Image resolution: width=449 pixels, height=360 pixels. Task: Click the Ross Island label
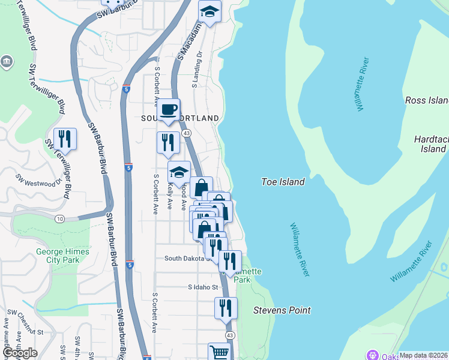click(427, 100)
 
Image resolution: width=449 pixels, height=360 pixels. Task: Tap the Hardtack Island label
click(431, 143)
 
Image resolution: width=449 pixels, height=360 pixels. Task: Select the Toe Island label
click(283, 181)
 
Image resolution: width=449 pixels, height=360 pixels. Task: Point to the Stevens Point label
click(282, 310)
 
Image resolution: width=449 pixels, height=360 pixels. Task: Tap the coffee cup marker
click(169, 110)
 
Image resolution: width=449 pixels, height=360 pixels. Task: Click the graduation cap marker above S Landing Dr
click(209, 12)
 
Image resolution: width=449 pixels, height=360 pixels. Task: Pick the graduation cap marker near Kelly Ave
click(179, 172)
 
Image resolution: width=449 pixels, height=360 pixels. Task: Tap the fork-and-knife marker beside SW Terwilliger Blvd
click(64, 139)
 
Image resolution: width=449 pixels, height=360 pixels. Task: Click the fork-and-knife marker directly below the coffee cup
click(168, 143)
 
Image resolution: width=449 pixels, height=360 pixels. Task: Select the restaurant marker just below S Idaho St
click(225, 308)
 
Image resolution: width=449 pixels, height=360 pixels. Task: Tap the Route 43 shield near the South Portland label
click(187, 133)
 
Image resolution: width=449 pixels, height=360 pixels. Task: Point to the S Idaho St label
click(202, 287)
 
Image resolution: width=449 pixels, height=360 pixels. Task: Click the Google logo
click(20, 353)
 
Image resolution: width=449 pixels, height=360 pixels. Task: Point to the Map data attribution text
click(423, 355)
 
